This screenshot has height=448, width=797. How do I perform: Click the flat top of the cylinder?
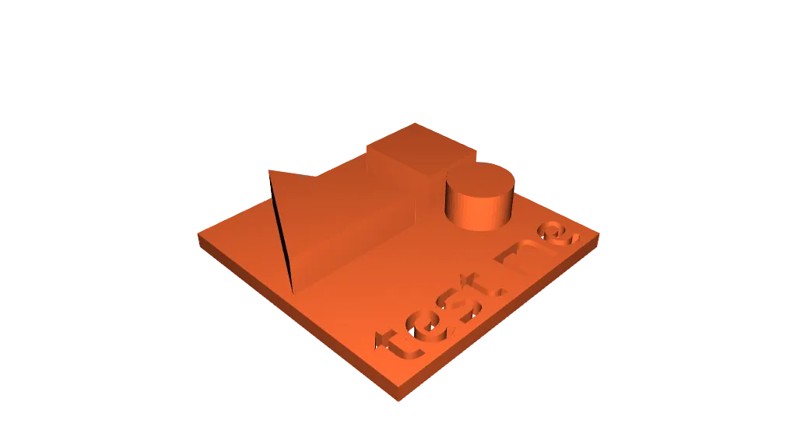click(480, 180)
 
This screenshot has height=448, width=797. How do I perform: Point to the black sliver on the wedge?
click(282, 233)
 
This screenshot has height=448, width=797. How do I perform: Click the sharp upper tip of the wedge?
click(270, 172)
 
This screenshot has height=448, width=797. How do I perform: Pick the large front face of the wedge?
click(342, 226)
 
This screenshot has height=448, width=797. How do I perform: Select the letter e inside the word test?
click(420, 327)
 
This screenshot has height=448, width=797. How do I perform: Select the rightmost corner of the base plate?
click(601, 235)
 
